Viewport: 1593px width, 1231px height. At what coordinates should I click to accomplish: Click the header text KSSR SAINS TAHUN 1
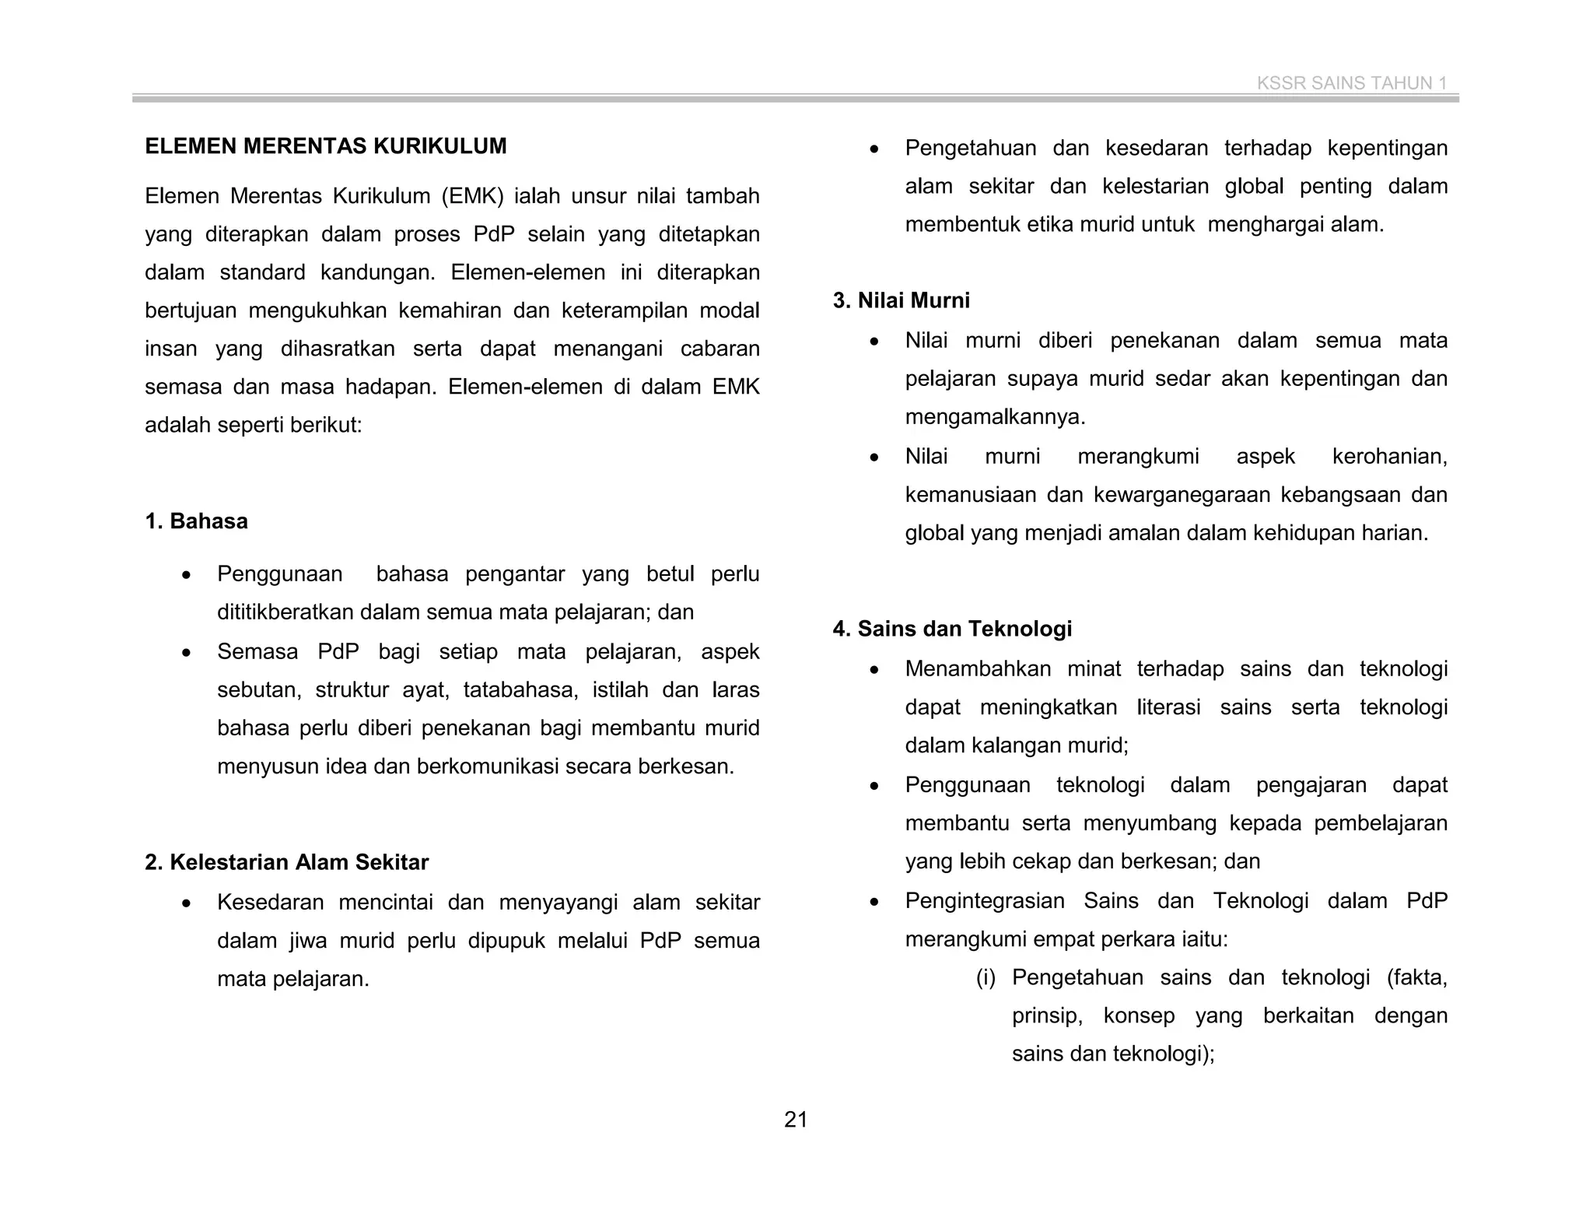pos(1351,83)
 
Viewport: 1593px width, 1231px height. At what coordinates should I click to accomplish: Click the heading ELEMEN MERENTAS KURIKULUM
pos(325,146)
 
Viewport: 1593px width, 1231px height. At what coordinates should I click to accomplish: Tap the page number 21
pos(796,1120)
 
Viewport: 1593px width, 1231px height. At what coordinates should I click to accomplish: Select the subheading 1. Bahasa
pos(196,521)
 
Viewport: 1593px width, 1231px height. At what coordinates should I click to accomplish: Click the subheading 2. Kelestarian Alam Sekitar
pos(286,862)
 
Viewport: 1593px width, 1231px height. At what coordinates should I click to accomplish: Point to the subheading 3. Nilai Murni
pos(901,300)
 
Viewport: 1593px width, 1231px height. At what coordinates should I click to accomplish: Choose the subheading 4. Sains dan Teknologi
pos(952,629)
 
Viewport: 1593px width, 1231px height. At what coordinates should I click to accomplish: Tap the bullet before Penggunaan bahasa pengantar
pos(185,576)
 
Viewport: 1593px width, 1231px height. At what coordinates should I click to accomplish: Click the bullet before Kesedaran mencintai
pos(185,904)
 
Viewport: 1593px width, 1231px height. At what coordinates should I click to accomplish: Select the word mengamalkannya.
pos(994,417)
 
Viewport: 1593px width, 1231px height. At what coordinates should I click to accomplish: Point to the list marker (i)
pos(986,977)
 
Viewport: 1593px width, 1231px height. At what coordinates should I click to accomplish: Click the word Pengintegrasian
pos(984,901)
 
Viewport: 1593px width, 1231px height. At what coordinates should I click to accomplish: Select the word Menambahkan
pos(976,669)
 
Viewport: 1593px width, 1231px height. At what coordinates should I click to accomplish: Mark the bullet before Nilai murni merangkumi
pos(874,458)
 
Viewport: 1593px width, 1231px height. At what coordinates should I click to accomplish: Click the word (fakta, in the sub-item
pos(1416,977)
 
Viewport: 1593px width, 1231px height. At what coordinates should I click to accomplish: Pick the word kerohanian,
pos(1389,456)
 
